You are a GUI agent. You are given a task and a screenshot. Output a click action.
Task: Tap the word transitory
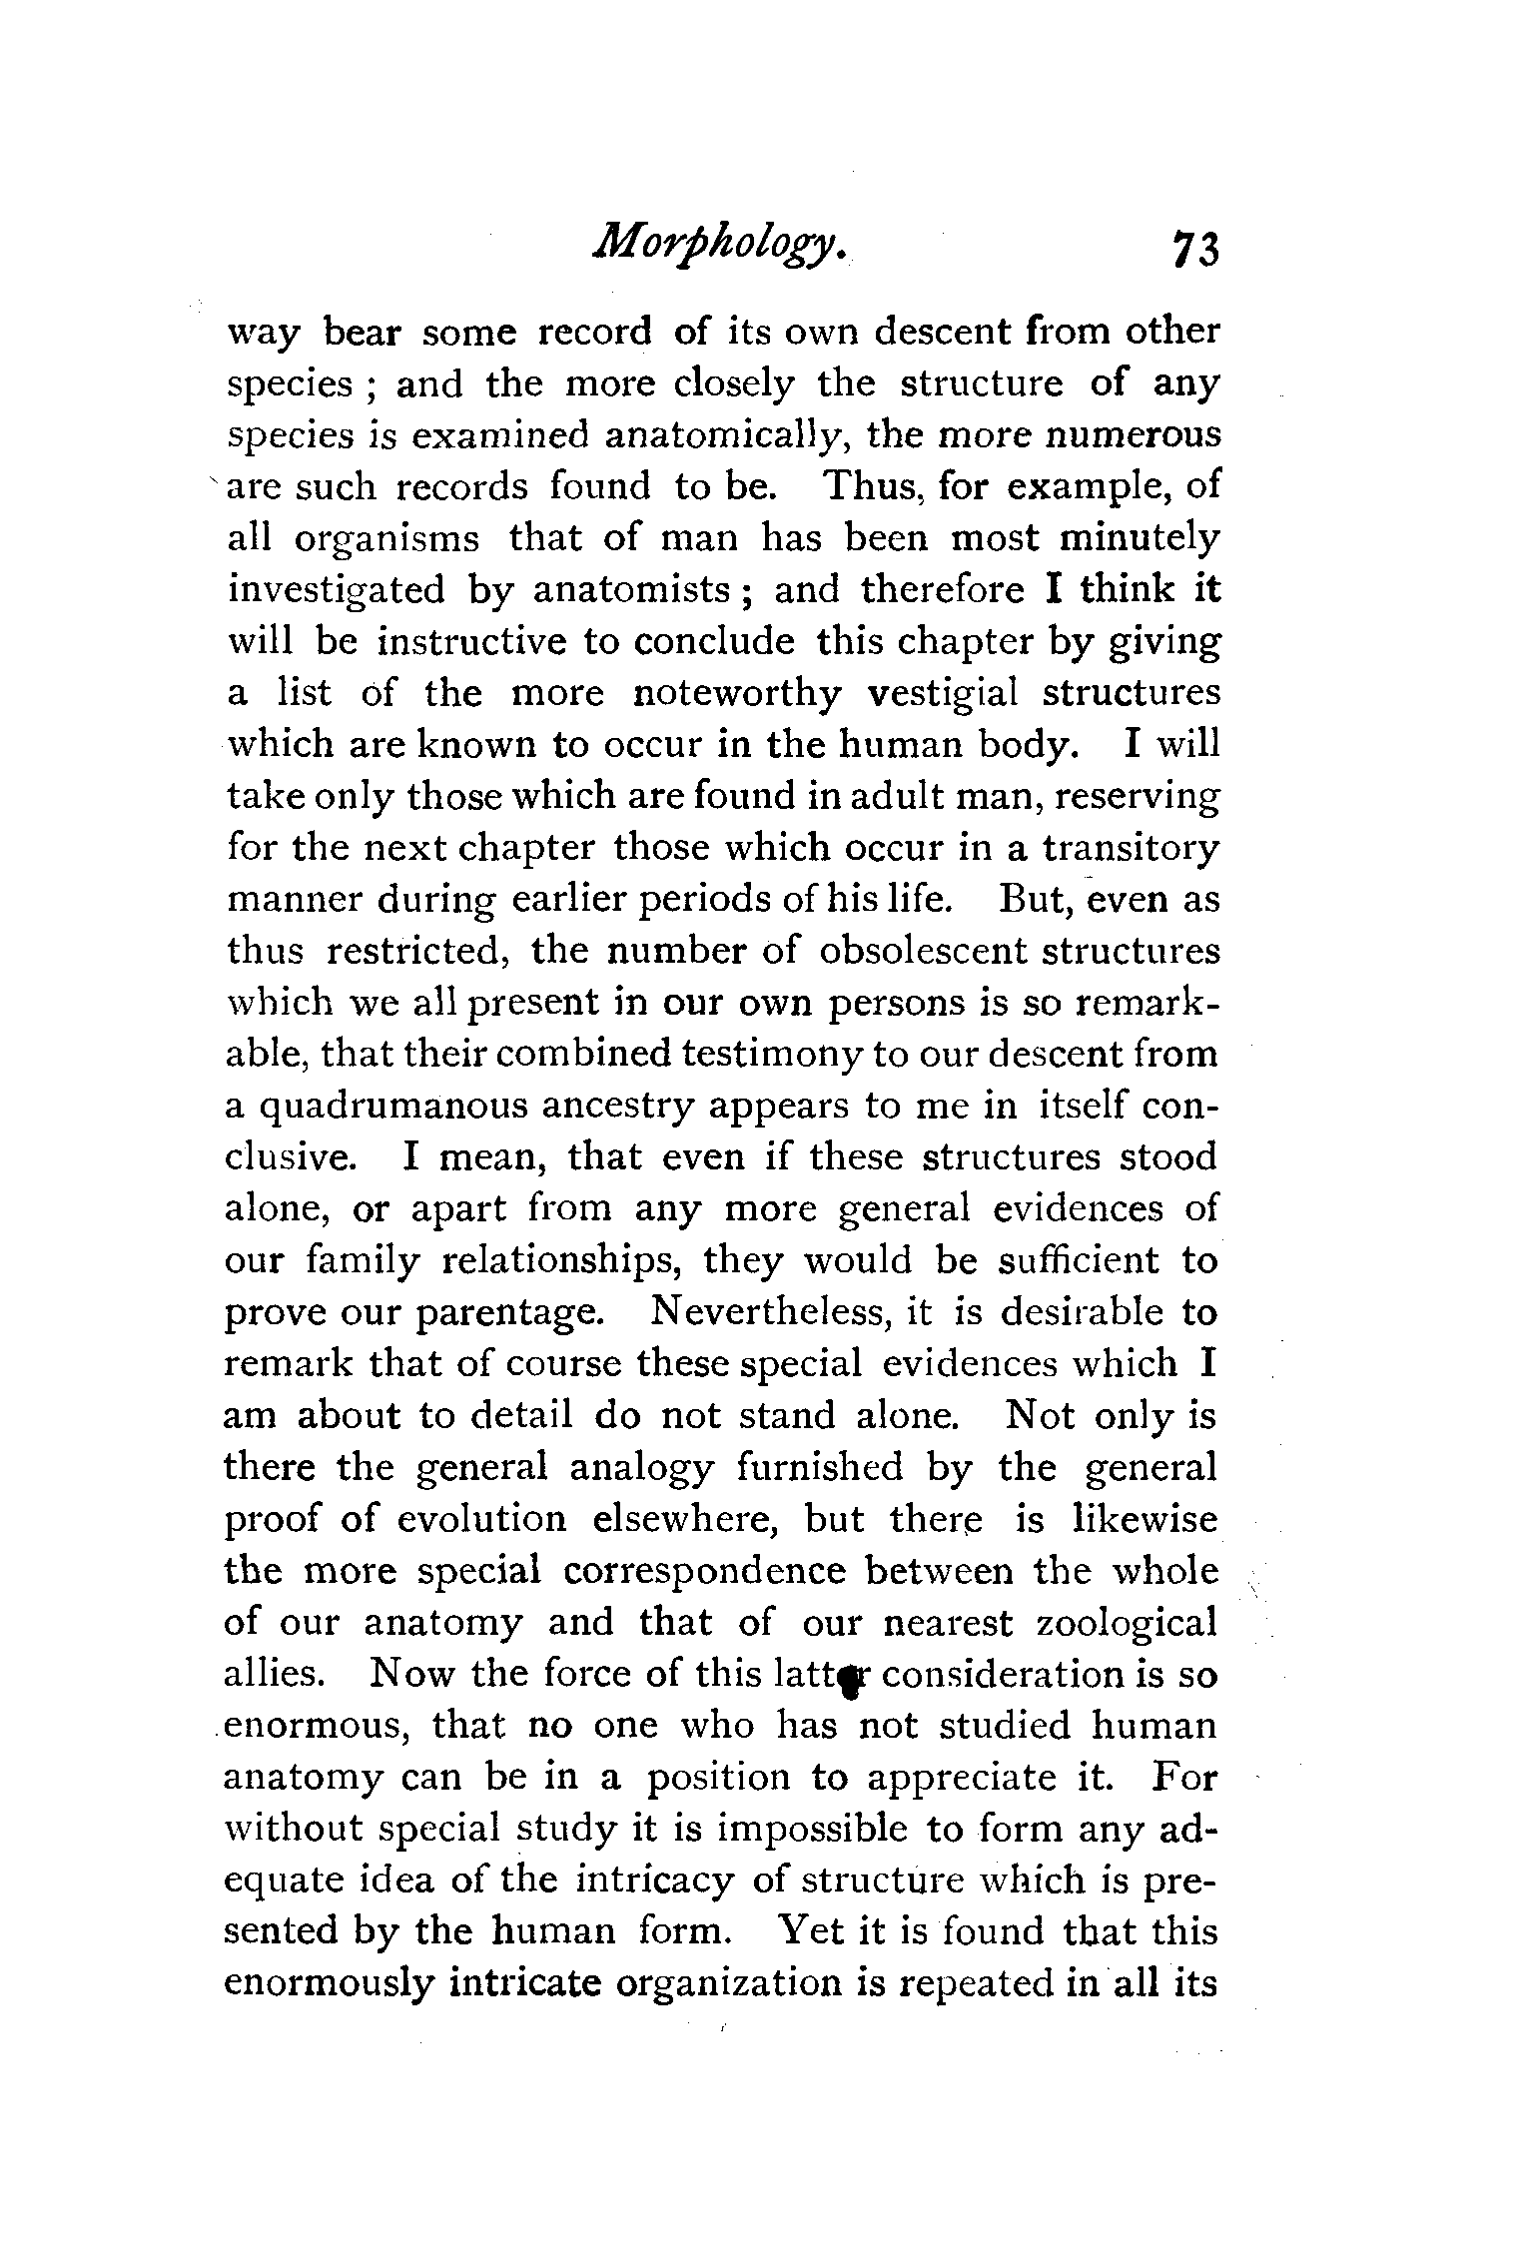pos(1131,849)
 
